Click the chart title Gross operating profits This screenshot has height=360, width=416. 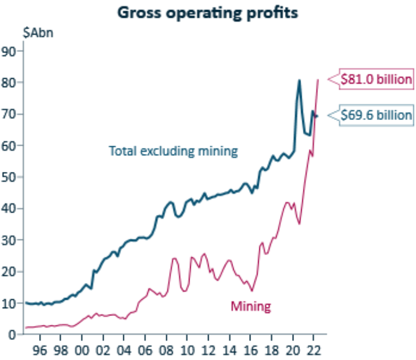point(207,13)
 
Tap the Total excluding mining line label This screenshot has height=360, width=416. point(173,151)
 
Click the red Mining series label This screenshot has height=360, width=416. point(250,306)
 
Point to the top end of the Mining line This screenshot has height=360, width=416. point(318,80)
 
